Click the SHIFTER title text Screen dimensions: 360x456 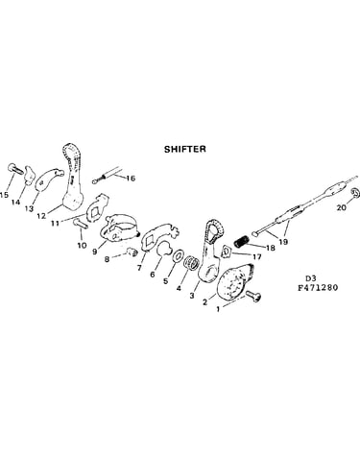(185, 149)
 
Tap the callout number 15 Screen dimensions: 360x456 (4, 195)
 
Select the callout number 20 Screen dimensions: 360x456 (342, 207)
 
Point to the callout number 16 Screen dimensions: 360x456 (131, 179)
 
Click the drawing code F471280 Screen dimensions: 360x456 (318, 287)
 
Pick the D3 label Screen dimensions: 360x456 (309, 277)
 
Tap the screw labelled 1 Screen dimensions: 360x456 (253, 297)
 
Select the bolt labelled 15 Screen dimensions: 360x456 (15, 169)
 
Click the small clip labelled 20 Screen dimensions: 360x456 (355, 193)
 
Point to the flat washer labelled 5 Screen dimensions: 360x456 (177, 255)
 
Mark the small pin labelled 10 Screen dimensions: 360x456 (81, 223)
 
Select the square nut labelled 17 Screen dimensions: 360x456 (228, 252)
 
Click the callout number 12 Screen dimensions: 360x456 (41, 216)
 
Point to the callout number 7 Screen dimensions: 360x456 (139, 268)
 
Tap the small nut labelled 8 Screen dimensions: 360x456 (132, 252)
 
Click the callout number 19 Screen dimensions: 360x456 (283, 241)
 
